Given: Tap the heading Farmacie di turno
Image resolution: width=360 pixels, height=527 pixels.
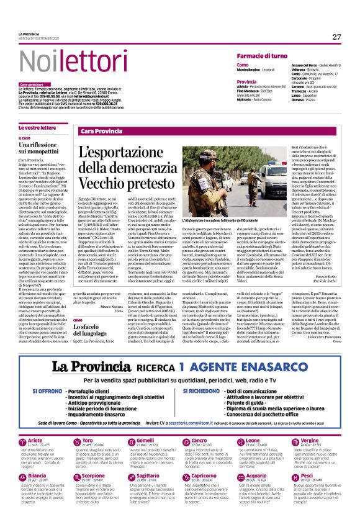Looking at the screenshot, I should [261, 56].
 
